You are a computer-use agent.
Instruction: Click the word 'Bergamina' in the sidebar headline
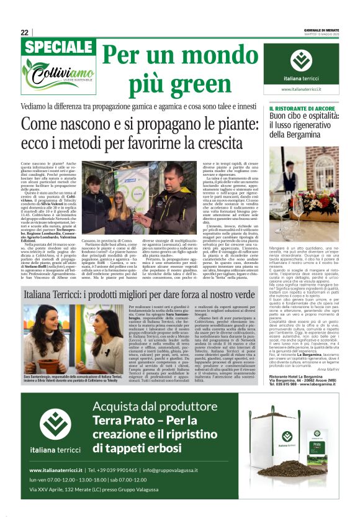click(x=302, y=134)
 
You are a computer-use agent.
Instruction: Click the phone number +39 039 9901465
click(x=112, y=470)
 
